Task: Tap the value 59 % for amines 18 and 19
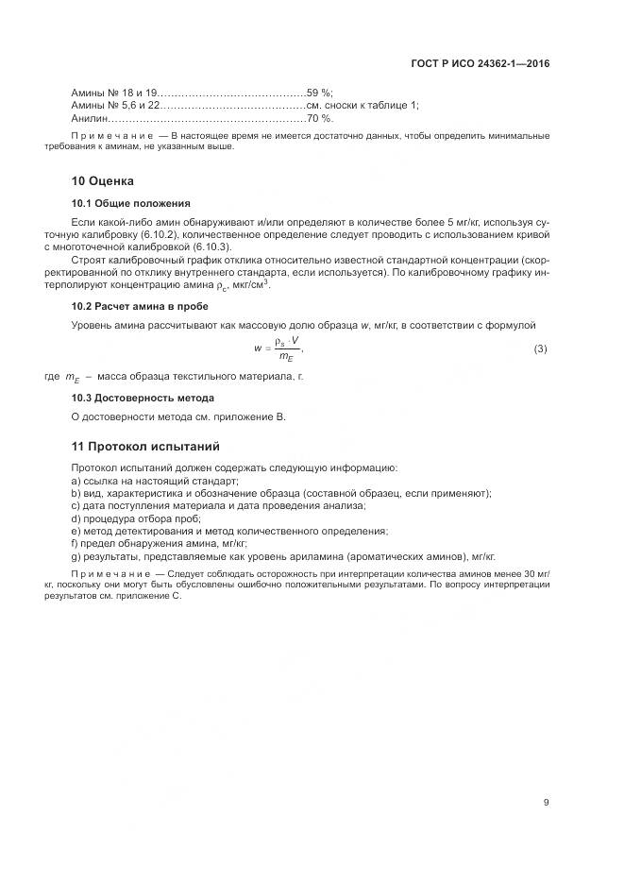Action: pos(319,93)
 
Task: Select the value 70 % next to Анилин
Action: pos(319,119)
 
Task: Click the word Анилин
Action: pos(90,119)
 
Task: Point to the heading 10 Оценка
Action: pos(103,180)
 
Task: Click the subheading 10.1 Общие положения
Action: pos(131,203)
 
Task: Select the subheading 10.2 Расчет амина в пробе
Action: pos(140,306)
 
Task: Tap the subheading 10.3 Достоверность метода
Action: pos(143,398)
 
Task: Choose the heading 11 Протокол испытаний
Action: pos(145,446)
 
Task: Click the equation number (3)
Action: pos(541,349)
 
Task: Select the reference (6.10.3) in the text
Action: pos(211,246)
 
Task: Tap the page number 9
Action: pos(546,803)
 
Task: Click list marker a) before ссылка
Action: pos(76,481)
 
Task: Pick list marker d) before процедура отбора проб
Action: pos(76,518)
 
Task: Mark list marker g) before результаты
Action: pos(76,556)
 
